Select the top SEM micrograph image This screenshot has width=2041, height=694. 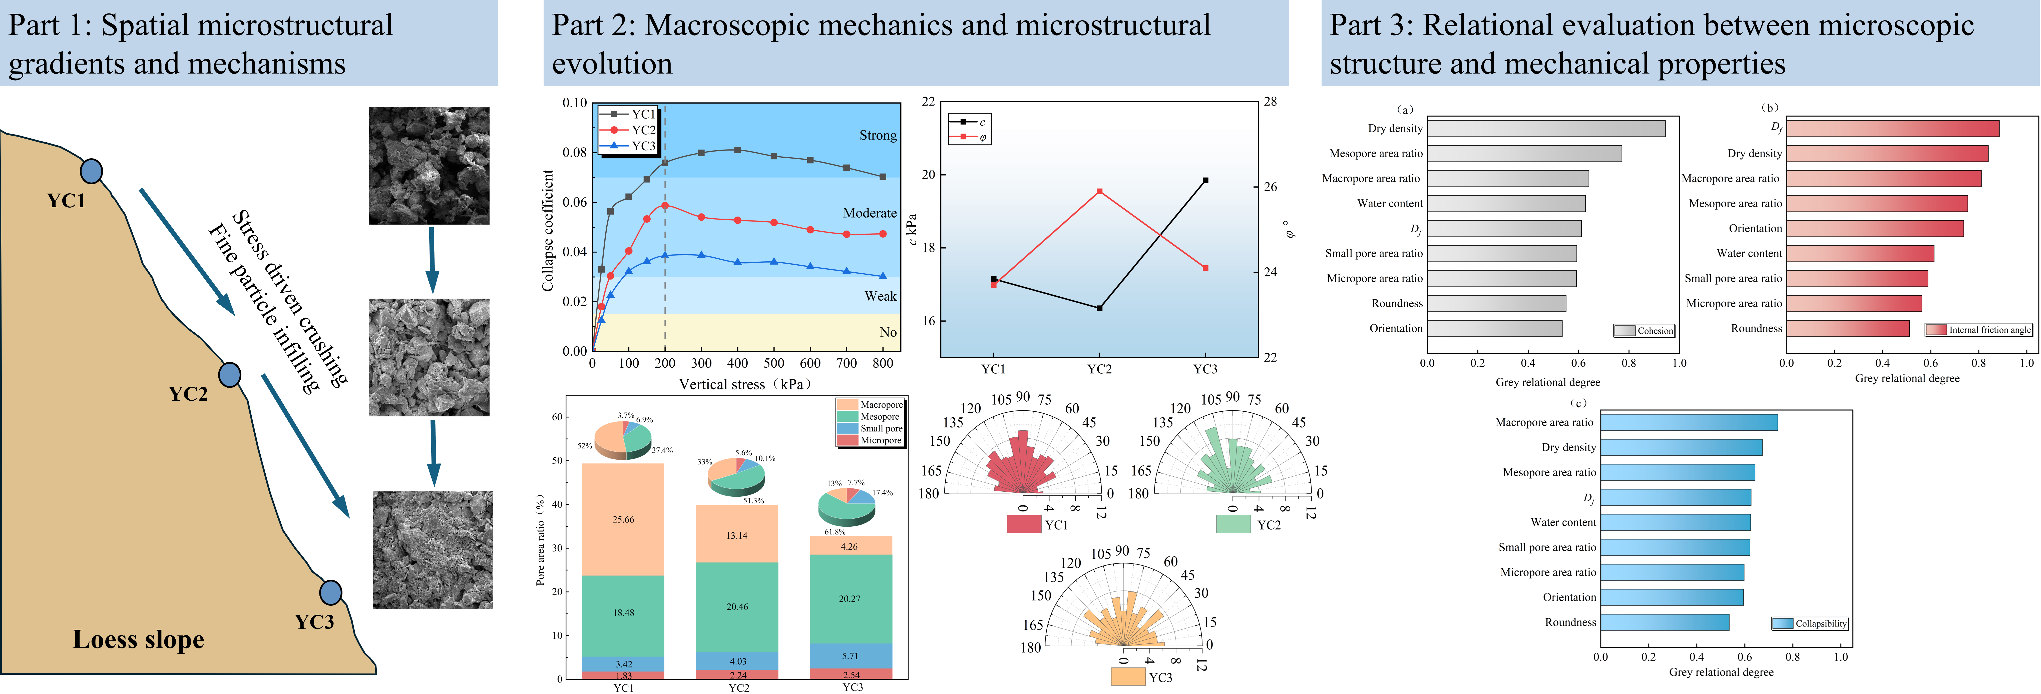coord(430,166)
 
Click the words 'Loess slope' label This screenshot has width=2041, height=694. coord(139,639)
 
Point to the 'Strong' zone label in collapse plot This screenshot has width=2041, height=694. coord(878,136)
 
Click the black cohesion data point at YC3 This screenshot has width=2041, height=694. coord(1205,181)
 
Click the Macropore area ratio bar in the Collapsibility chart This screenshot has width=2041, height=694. coord(1689,422)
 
